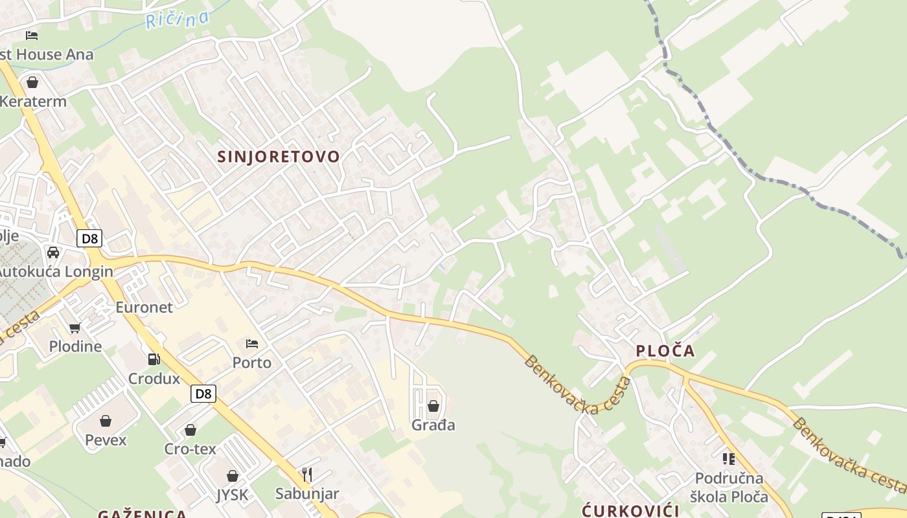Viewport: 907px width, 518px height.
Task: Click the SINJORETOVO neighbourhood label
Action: pyautogui.click(x=279, y=157)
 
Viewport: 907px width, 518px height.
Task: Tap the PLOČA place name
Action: pyautogui.click(x=665, y=351)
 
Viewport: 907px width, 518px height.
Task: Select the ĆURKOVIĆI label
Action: pyautogui.click(x=630, y=510)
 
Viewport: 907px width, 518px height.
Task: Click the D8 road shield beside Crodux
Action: pyautogui.click(x=203, y=393)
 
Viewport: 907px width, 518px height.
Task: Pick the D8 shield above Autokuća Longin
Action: pyautogui.click(x=89, y=238)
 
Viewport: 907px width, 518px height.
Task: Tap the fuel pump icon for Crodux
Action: pyautogui.click(x=154, y=359)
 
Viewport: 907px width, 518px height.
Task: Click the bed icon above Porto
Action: pyautogui.click(x=252, y=343)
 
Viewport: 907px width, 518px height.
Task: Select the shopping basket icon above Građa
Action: pyautogui.click(x=433, y=406)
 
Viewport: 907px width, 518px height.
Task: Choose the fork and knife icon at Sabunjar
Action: pyautogui.click(x=307, y=475)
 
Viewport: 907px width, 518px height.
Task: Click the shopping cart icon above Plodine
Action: pyautogui.click(x=75, y=328)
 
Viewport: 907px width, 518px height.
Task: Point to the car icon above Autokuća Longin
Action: pyautogui.click(x=53, y=252)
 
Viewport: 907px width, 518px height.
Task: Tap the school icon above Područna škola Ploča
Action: pyautogui.click(x=729, y=459)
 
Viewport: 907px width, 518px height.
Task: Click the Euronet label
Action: pyautogui.click(x=144, y=307)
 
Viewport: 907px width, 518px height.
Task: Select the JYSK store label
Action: pyautogui.click(x=232, y=495)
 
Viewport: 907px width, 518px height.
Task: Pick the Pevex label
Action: pyautogui.click(x=106, y=440)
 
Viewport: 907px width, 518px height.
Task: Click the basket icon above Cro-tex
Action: pyautogui.click(x=190, y=430)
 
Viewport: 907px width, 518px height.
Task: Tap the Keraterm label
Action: pyautogui.click(x=33, y=102)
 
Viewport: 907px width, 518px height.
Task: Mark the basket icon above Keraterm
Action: pyautogui.click(x=32, y=82)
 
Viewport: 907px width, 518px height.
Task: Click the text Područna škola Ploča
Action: pyautogui.click(x=729, y=488)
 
